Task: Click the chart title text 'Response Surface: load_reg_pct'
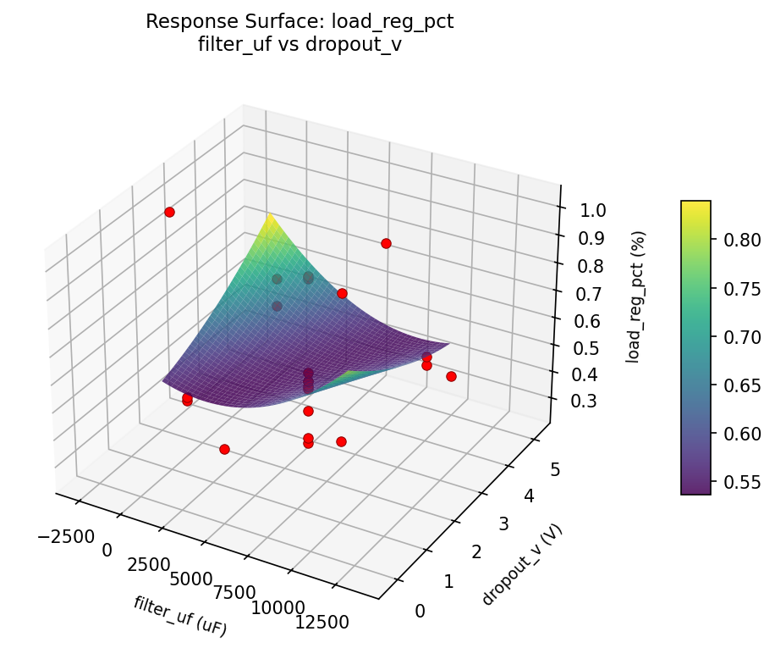point(300,22)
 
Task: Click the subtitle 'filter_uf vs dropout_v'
point(300,46)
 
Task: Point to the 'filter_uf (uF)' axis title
point(180,616)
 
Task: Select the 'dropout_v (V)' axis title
point(522,565)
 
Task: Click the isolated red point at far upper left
point(169,212)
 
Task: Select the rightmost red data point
point(451,376)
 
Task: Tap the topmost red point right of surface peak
point(386,243)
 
